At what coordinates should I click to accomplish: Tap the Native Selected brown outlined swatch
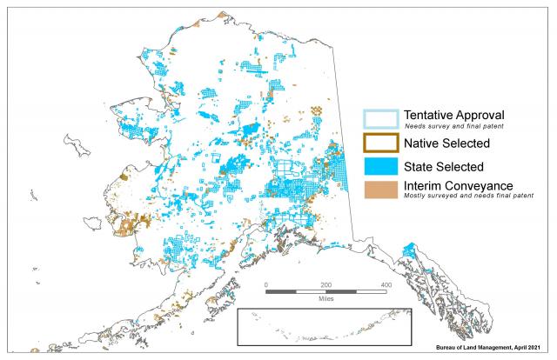tap(380, 142)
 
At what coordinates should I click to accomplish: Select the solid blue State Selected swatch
tap(380, 165)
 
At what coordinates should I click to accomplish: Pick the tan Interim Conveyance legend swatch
tap(380, 188)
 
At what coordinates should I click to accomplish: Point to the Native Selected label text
tap(447, 142)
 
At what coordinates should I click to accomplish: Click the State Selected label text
tap(444, 165)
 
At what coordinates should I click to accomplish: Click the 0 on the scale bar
tap(266, 285)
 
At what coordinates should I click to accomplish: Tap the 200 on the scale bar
tap(326, 285)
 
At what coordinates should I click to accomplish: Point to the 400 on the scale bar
tap(386, 285)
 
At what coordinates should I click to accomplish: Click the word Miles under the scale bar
tap(326, 301)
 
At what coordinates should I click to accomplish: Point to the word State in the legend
tap(419, 165)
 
